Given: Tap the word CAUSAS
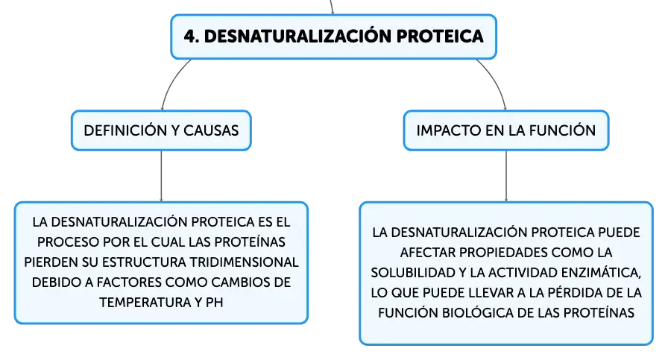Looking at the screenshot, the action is pos(211,130).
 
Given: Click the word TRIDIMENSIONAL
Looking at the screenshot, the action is pos(244,262).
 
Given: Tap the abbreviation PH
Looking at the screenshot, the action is pos(214,302).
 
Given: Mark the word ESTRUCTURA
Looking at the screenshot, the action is pos(144,262).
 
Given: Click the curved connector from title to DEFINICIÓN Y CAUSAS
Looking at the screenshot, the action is pos(171,80).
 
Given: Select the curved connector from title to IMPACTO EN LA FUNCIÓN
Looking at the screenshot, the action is pos(496,81).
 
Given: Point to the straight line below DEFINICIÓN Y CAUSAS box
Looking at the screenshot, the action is pos(161,176).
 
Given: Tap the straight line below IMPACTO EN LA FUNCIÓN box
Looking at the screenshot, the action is pos(506,176).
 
